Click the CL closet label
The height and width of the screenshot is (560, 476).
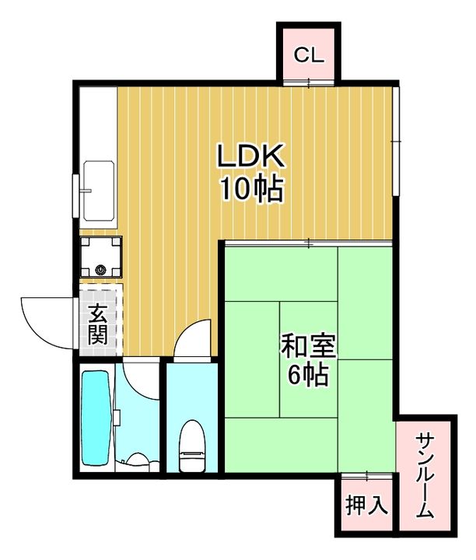(x=308, y=55)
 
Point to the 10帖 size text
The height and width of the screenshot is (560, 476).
(x=250, y=189)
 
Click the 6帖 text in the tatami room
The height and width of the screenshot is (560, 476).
(x=307, y=376)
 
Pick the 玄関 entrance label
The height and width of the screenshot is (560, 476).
(x=97, y=324)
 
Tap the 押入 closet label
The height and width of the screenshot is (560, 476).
(x=366, y=505)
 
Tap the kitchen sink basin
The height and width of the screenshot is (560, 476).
(x=98, y=191)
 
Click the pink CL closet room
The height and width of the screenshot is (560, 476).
(x=308, y=53)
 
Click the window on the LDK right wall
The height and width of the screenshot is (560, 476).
(x=396, y=140)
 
